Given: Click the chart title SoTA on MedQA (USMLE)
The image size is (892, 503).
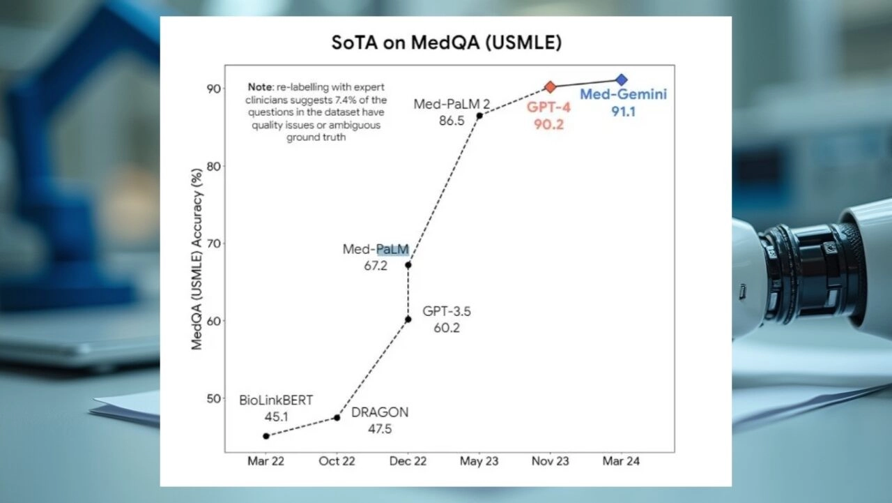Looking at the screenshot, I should (446, 43).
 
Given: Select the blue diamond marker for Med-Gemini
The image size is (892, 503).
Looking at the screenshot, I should (622, 80).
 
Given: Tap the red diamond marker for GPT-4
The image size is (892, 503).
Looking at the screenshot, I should (551, 87).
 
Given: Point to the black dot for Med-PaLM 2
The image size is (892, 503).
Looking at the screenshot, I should (479, 115).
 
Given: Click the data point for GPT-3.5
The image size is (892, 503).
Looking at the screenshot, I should (408, 319).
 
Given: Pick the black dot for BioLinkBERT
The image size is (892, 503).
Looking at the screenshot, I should (266, 436).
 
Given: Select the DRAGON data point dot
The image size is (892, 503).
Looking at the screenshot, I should (337, 417).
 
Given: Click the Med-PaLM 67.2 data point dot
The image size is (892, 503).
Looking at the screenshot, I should (408, 264).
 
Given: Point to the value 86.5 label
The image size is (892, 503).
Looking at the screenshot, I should (452, 121).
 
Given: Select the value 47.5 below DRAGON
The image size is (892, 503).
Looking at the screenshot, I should (380, 429).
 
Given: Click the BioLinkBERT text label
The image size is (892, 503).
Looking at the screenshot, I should (276, 400).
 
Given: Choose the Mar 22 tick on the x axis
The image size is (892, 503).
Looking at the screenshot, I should (266, 462).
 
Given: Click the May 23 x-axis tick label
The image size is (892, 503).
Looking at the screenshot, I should (479, 462).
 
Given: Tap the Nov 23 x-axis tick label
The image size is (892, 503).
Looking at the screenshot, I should (551, 462).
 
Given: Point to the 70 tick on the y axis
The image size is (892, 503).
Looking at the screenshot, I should (213, 243).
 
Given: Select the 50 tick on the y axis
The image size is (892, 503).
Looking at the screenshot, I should (213, 398).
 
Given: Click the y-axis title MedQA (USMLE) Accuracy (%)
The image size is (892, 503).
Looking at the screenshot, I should (197, 258).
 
